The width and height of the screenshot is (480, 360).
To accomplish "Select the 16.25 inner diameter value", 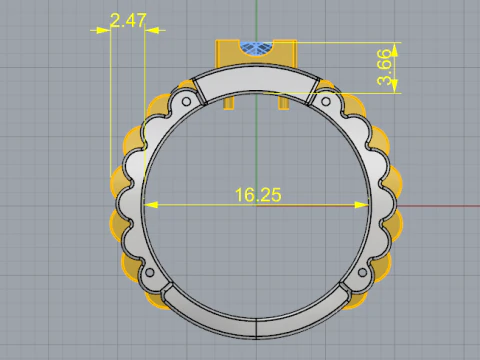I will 258,194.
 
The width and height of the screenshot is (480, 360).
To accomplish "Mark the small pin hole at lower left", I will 149,272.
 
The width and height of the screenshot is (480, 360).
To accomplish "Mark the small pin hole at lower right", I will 364,272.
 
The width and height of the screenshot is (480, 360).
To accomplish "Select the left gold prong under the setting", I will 231,101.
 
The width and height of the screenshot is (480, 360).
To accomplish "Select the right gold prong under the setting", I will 284,101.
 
